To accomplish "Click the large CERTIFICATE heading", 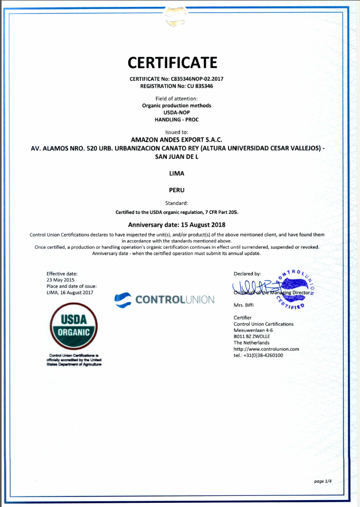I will pos(172,62).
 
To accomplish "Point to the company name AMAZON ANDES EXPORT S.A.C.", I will pos(176,139).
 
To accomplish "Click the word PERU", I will pos(176,189).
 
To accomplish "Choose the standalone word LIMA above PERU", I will pos(176,173).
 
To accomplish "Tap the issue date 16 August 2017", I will pos(77,292).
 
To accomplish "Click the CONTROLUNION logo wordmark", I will pos(175,300).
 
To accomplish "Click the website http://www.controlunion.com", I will pos(266,349).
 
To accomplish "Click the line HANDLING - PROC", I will pos(176,120).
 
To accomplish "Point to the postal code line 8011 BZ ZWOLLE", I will pos(251,336).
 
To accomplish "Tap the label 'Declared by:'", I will pos(247,274).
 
